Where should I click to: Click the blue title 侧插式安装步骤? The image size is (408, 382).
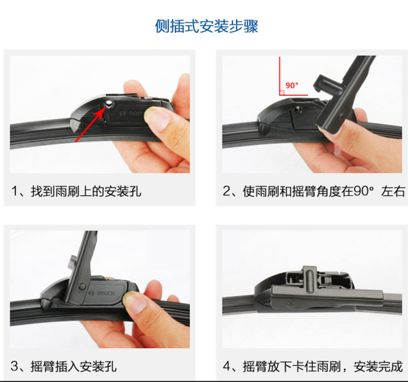click(207, 27)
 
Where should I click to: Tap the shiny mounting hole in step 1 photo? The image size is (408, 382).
click(109, 104)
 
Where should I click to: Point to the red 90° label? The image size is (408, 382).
click(292, 86)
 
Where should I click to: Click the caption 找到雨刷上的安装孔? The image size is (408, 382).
click(86, 191)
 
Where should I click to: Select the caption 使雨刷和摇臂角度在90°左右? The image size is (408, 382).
click(324, 191)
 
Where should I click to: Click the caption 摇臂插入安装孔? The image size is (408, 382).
click(73, 366)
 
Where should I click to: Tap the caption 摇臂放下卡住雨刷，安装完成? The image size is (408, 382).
click(322, 366)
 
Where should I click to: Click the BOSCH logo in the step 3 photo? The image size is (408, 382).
click(102, 293)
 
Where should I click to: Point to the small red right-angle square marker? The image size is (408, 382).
click(282, 93)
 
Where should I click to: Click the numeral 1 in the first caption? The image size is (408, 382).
click(14, 191)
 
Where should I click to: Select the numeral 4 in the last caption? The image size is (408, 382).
click(226, 366)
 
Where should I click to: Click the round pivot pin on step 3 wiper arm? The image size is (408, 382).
click(82, 287)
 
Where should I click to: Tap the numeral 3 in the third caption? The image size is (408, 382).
click(14, 366)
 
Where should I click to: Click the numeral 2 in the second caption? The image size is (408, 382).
click(226, 191)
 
